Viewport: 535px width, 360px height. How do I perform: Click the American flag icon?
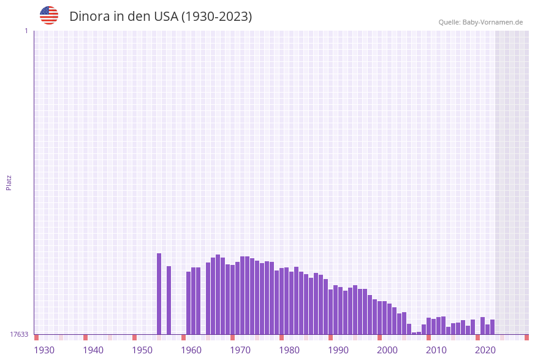pos(49,15)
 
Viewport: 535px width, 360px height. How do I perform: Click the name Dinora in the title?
pos(89,17)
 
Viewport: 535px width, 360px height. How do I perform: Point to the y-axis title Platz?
pos(9,182)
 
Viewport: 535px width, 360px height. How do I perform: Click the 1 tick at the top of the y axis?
pos(26,31)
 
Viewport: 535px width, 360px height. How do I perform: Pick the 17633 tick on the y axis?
pos(19,334)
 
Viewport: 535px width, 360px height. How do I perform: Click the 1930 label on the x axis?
pos(44,350)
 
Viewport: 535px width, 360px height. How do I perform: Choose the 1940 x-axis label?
pos(93,350)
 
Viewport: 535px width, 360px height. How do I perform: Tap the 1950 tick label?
pos(142,350)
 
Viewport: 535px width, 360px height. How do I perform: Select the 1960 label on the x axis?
pos(191,350)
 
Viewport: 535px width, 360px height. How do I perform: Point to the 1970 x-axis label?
pos(240,350)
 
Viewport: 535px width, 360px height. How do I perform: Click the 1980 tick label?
pos(289,350)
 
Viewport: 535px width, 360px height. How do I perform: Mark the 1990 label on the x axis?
pos(338,350)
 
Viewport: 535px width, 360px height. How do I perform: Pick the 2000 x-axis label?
pos(387,350)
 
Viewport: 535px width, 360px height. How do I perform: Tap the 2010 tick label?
pos(436,350)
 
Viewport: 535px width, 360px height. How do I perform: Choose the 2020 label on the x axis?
pos(485,350)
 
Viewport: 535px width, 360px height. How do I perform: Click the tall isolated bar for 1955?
pos(159,294)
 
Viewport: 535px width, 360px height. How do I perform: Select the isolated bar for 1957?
pos(169,301)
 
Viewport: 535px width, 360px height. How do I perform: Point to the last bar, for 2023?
pos(492,327)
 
